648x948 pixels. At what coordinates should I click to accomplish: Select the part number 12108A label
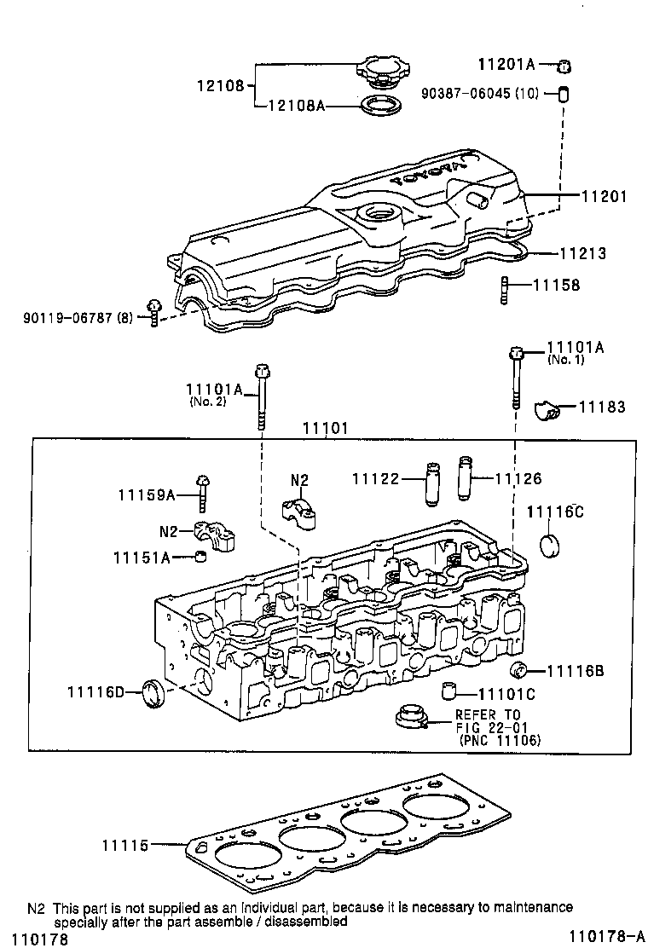click(296, 107)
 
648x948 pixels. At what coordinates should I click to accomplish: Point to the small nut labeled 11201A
click(564, 65)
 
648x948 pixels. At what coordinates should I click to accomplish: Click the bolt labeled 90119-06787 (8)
click(153, 312)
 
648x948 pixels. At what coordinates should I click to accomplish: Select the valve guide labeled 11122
click(431, 483)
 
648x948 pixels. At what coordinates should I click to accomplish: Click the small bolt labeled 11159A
click(203, 490)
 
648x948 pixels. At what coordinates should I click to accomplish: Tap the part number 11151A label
click(142, 557)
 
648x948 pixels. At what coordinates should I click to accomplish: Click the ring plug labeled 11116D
click(154, 691)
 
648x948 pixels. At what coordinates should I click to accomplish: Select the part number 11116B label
click(576, 671)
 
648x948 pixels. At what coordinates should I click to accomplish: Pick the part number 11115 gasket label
click(126, 845)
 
